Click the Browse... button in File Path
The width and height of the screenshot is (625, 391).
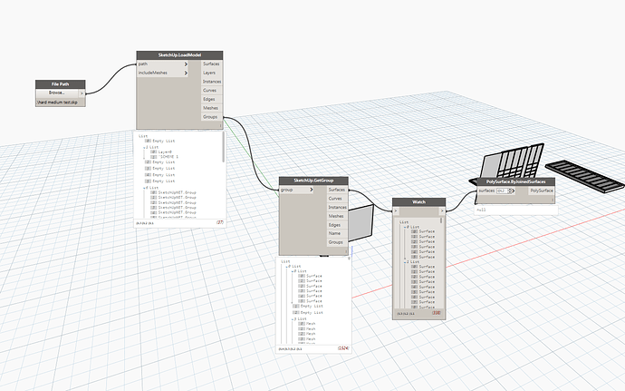tap(57, 93)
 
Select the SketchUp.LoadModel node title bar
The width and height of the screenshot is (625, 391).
tap(178, 54)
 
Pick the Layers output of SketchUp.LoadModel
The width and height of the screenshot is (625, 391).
tap(211, 73)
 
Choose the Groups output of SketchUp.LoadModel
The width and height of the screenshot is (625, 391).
tap(211, 116)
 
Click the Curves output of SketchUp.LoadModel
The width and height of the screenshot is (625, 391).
tap(211, 90)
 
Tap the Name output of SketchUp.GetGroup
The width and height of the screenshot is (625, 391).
tap(336, 234)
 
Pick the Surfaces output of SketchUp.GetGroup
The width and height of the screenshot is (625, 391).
tap(336, 190)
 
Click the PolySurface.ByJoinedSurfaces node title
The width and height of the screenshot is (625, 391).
tap(516, 181)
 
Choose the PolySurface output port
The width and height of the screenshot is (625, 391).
tap(543, 191)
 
